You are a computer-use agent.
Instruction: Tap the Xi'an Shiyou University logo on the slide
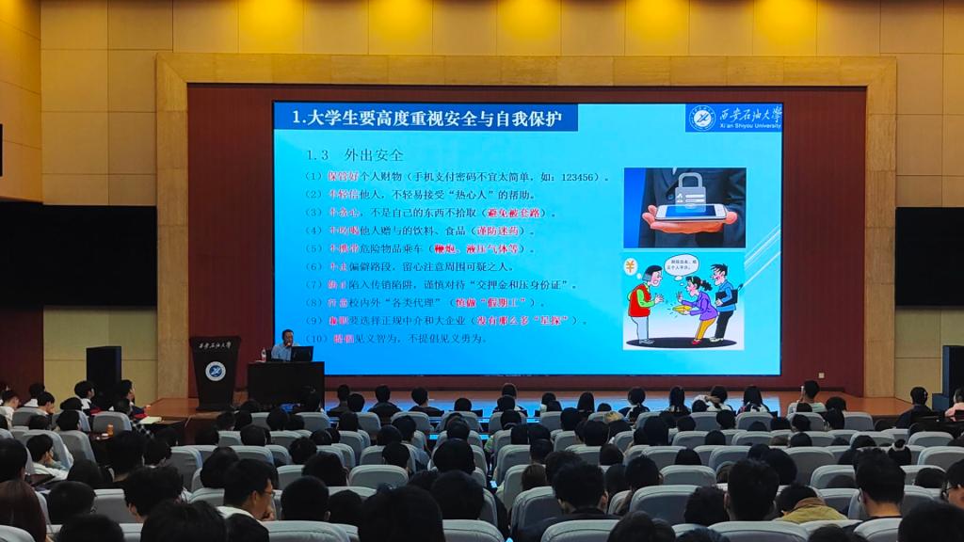click(x=733, y=118)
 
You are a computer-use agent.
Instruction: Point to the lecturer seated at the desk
click(x=282, y=345)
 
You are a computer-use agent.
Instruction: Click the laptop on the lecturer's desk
click(x=302, y=354)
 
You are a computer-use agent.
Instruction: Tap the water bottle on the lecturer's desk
click(x=263, y=355)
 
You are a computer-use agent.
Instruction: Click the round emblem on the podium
click(x=215, y=370)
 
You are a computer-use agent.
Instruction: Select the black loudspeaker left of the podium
click(x=104, y=368)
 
